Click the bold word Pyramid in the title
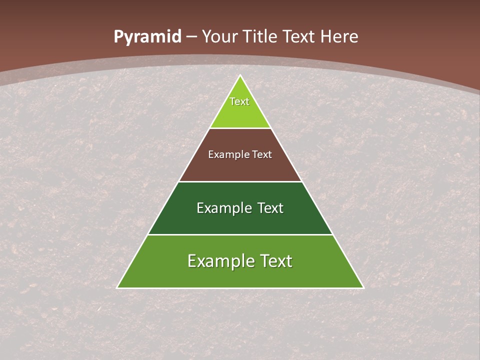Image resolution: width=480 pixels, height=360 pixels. pos(147,37)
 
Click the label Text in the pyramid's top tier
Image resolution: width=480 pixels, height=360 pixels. pos(239,101)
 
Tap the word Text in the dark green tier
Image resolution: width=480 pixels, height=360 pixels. pos(270,208)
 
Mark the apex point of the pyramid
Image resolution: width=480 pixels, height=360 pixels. pos(240,75)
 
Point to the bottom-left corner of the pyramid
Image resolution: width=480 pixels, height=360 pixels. pos(117,287)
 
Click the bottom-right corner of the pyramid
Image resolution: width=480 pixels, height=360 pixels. pos(363,287)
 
